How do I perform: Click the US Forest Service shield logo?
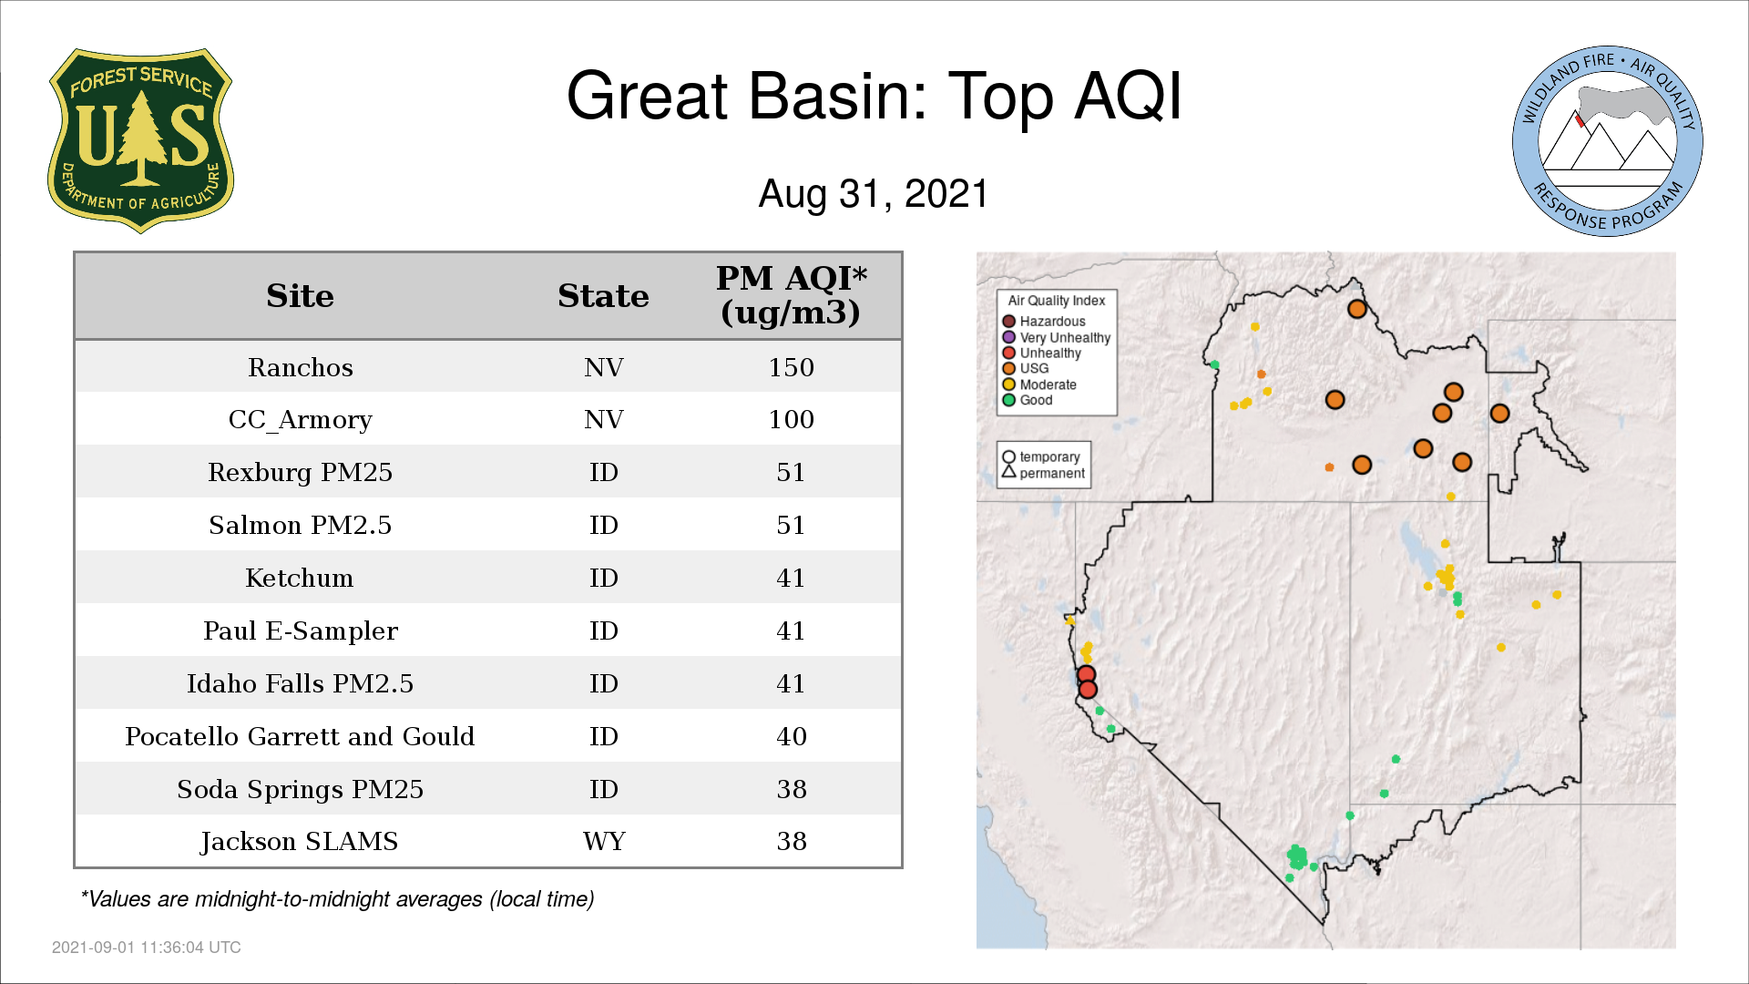pos(140,140)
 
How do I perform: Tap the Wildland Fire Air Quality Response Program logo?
pos(1607,141)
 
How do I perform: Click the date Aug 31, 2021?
pos(874,194)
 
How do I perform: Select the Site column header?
pos(300,296)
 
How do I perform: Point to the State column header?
pos(603,296)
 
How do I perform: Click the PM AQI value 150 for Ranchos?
pos(791,367)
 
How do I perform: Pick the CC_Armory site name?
pos(300,420)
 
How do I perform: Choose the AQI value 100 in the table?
pos(791,419)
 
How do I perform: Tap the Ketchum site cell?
pos(300,578)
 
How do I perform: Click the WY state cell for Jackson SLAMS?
pos(604,841)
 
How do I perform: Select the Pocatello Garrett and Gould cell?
pos(300,736)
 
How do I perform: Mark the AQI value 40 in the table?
pos(791,736)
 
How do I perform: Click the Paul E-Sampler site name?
pos(300,631)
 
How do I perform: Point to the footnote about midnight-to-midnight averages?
pos(337,899)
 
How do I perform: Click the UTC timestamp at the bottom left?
pos(147,948)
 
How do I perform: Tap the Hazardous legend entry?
pos(1044,322)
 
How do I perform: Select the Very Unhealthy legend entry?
pos(1057,337)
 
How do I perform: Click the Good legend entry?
pos(1028,400)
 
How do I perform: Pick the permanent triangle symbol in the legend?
pos(1008,471)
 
